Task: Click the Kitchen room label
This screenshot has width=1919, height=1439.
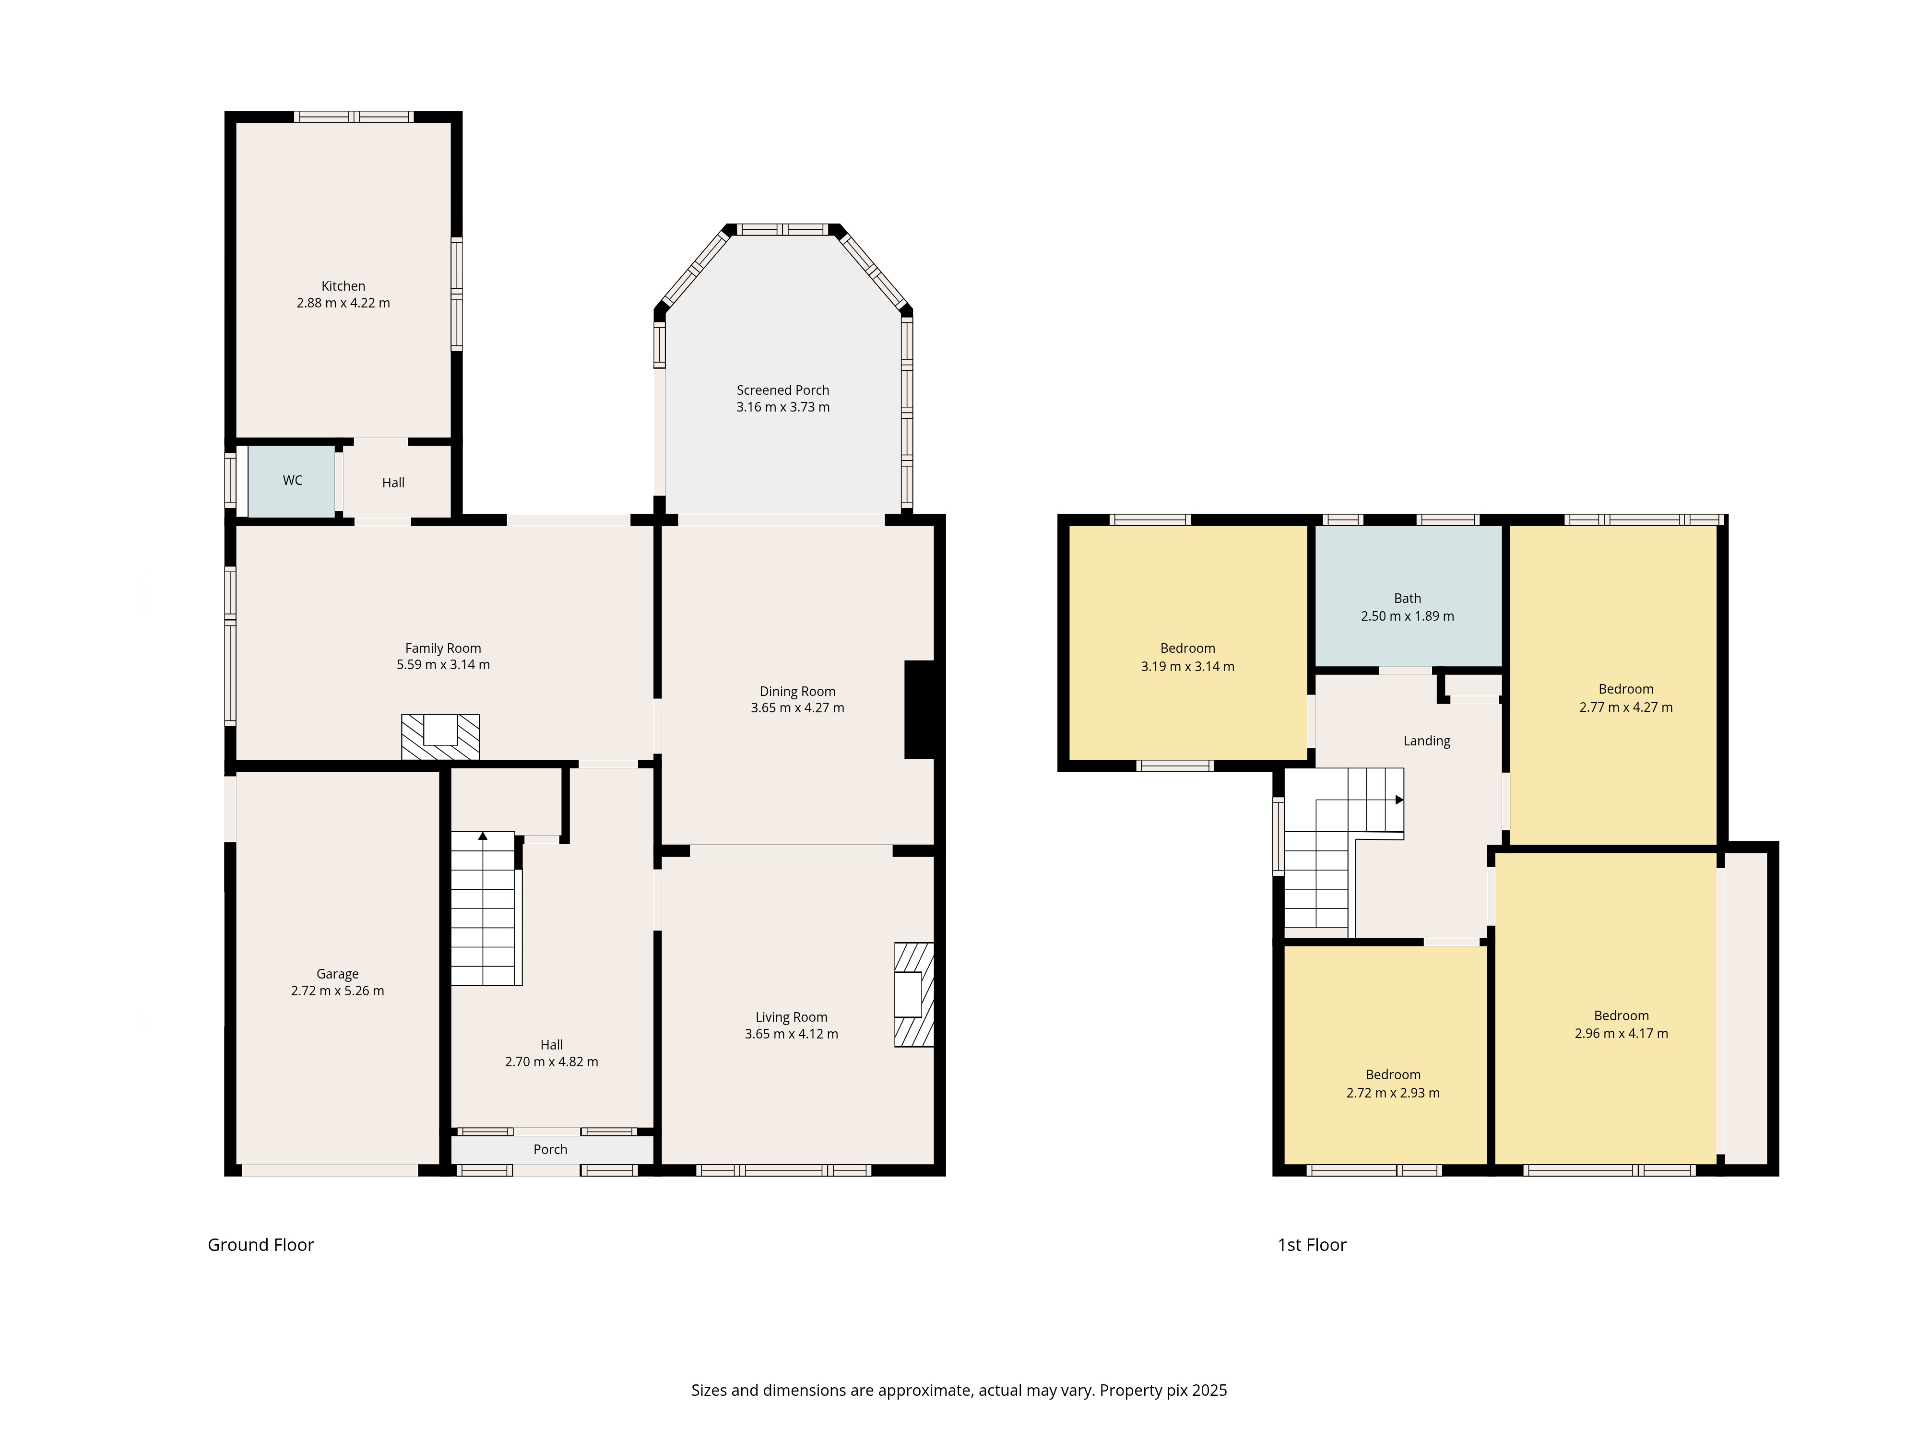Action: pyautogui.click(x=344, y=286)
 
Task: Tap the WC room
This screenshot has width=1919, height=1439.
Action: pyautogui.click(x=292, y=482)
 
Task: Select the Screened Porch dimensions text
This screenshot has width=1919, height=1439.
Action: pyautogui.click(x=783, y=407)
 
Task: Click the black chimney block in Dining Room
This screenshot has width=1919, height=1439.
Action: pyautogui.click(x=920, y=709)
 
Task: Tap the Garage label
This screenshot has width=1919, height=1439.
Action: pyautogui.click(x=337, y=974)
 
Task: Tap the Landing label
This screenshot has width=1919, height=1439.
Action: pyautogui.click(x=1427, y=741)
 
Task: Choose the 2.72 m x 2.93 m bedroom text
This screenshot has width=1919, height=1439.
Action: pyautogui.click(x=1393, y=1093)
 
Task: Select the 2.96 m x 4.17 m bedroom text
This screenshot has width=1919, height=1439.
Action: pyautogui.click(x=1622, y=1033)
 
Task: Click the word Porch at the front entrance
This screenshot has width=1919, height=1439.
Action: pyautogui.click(x=551, y=1149)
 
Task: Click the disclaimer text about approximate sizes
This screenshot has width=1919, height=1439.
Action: pyautogui.click(x=959, y=1391)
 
